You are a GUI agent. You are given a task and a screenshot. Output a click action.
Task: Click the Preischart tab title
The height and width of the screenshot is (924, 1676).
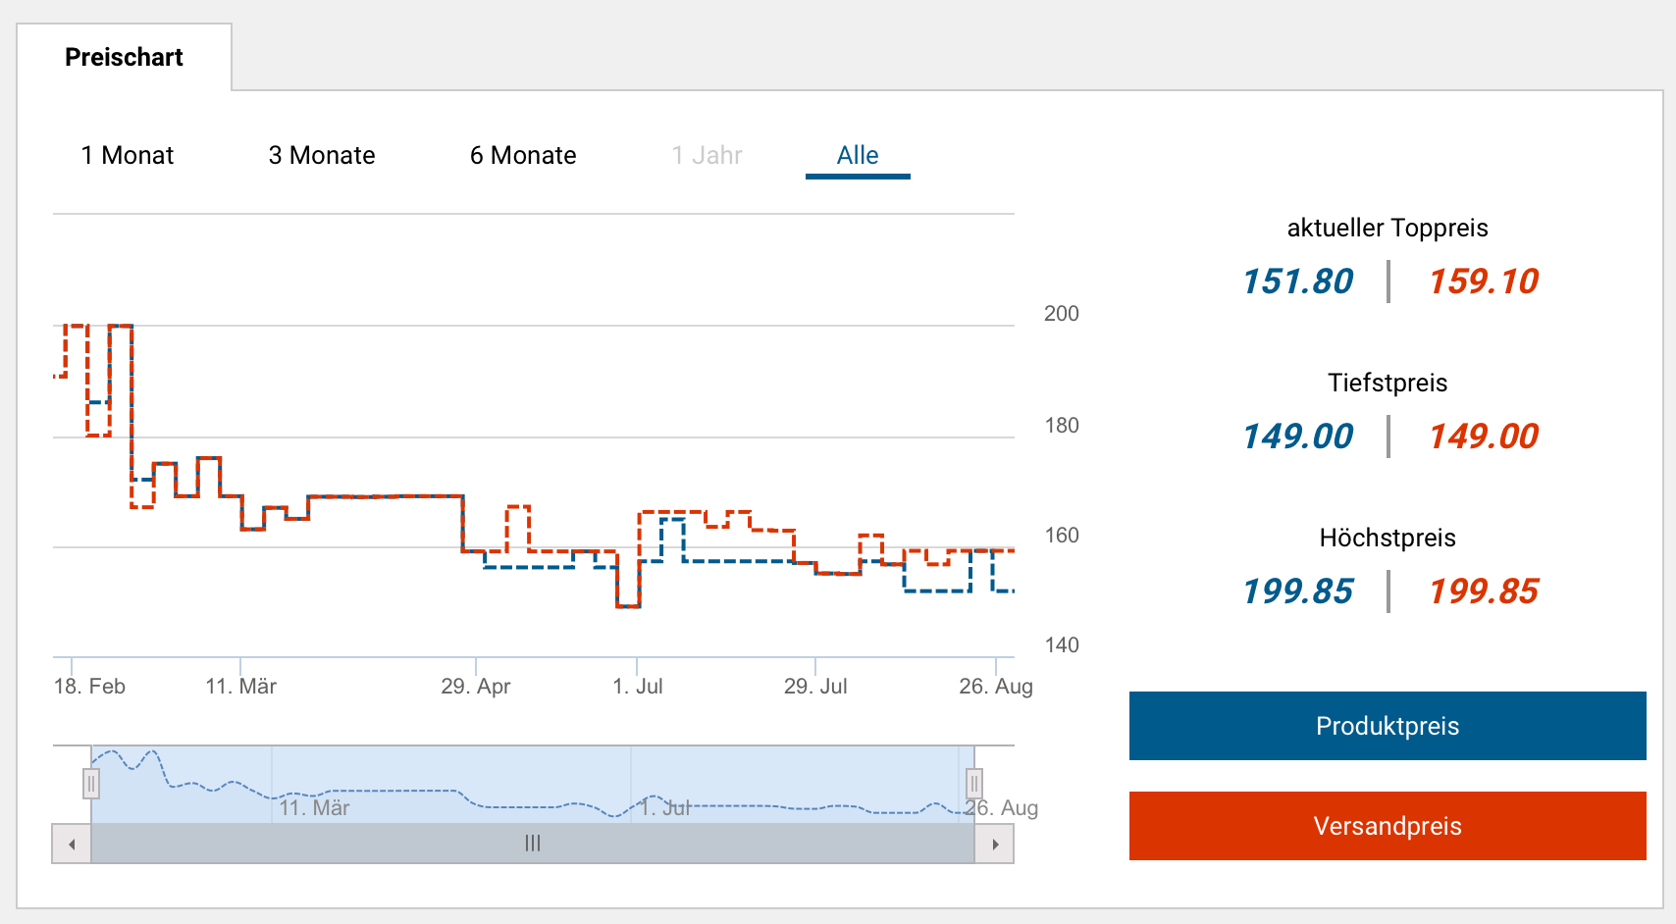124,58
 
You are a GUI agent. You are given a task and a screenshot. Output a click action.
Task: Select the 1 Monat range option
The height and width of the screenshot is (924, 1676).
128,156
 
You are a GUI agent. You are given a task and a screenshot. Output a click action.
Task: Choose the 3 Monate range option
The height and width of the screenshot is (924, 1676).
322,156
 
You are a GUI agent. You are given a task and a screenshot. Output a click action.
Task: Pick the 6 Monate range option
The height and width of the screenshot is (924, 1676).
523,156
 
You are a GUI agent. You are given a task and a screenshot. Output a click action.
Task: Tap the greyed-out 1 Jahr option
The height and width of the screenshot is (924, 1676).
707,156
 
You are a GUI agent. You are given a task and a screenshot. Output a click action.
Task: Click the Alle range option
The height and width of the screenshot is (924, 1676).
858,156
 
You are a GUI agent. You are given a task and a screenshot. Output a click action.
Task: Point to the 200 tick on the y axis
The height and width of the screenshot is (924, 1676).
1061,314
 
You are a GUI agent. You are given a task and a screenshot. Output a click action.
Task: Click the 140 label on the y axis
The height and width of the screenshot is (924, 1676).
1061,645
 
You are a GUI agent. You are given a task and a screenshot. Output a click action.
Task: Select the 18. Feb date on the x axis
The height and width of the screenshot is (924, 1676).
89,687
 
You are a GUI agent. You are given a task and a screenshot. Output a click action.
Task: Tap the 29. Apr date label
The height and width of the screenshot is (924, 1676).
476,687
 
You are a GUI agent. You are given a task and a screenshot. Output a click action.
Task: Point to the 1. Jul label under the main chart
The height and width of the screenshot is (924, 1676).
638,687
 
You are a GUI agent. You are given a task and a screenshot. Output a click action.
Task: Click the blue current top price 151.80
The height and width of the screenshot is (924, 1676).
1297,282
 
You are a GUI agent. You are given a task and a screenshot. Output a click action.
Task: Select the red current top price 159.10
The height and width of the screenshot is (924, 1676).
1484,282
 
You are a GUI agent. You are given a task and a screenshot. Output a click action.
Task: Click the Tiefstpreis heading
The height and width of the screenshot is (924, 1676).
1388,383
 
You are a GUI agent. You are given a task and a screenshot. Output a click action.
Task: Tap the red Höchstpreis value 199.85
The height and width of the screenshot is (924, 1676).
1484,592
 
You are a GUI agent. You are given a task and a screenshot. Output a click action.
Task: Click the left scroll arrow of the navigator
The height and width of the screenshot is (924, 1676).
72,845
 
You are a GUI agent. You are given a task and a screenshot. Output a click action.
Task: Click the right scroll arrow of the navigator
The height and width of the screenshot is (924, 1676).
995,845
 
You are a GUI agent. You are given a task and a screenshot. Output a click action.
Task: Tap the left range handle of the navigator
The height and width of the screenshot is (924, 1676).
91,783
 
